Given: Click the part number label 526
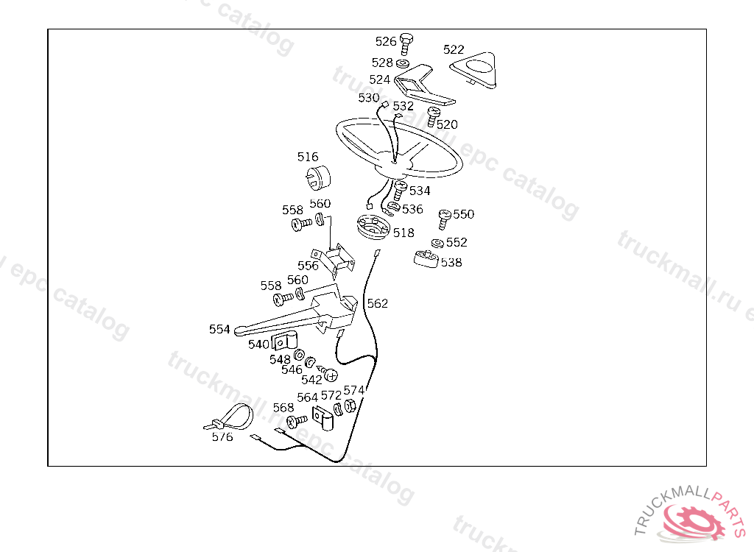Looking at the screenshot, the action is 386,42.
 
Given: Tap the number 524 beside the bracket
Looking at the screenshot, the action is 380,79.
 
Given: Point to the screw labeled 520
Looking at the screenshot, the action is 434,115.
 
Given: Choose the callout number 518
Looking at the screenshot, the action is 404,233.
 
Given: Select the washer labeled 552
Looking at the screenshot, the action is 438,244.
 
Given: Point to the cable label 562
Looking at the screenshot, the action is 377,303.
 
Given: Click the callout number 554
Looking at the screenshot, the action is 219,329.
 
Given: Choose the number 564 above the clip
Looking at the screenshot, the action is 308,398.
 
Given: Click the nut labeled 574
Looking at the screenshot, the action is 350,405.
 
